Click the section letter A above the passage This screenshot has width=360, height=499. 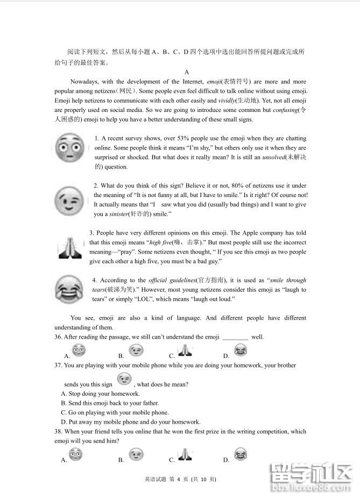pyautogui.click(x=186, y=72)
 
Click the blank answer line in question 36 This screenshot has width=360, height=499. pyautogui.click(x=235, y=338)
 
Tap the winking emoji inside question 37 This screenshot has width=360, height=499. pyautogui.click(x=124, y=379)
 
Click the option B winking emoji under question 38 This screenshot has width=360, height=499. pyautogui.click(x=137, y=455)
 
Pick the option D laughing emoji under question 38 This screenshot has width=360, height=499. pyautogui.click(x=240, y=455)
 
